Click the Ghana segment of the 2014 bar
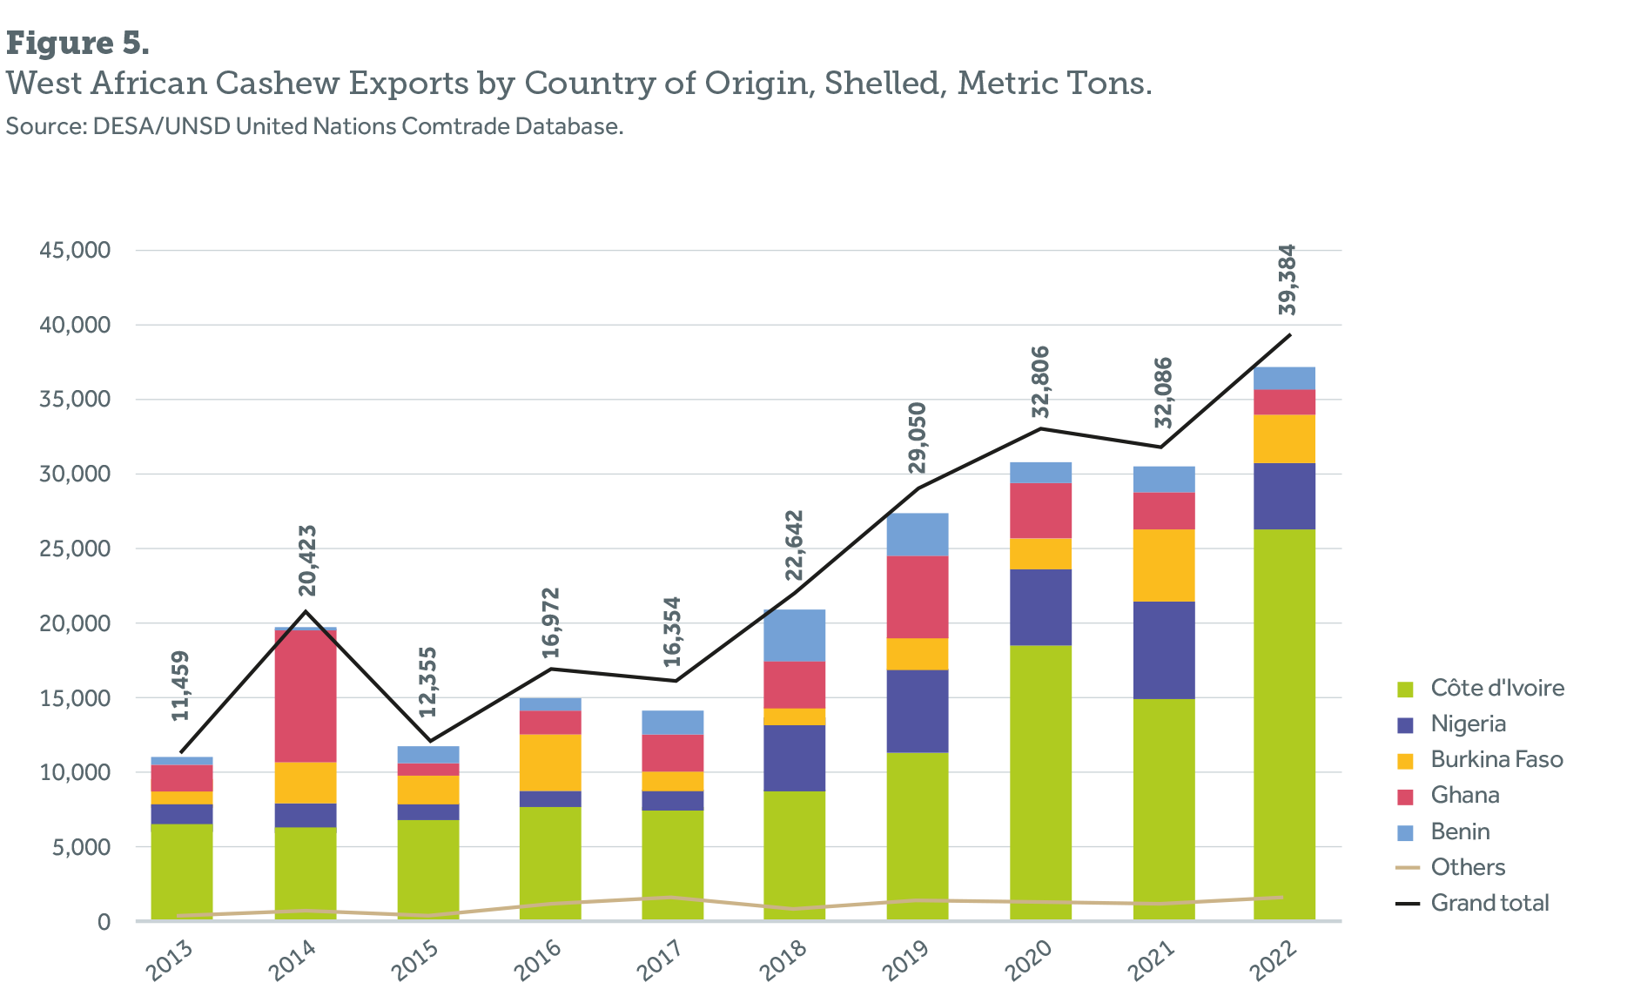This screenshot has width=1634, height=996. (306, 697)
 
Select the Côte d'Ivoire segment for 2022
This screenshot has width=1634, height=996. (1284, 723)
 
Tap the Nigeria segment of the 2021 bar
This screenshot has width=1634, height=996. (1163, 649)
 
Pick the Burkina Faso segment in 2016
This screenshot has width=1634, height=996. (550, 763)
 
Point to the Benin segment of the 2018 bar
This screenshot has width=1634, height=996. (795, 635)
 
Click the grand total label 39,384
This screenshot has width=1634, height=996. (1288, 279)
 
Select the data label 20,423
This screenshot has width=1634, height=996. (307, 561)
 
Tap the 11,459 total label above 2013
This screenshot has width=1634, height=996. (180, 686)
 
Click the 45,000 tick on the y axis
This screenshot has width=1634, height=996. (75, 251)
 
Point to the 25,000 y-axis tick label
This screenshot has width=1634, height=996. (75, 548)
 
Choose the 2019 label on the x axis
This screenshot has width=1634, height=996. (905, 960)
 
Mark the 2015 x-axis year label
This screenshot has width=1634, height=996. (414, 960)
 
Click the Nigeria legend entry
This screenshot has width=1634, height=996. (1468, 724)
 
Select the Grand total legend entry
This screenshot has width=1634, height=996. (1489, 904)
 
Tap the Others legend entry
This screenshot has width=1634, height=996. (1468, 868)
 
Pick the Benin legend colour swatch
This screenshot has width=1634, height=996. (1405, 833)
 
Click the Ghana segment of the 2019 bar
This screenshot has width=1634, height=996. (918, 596)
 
